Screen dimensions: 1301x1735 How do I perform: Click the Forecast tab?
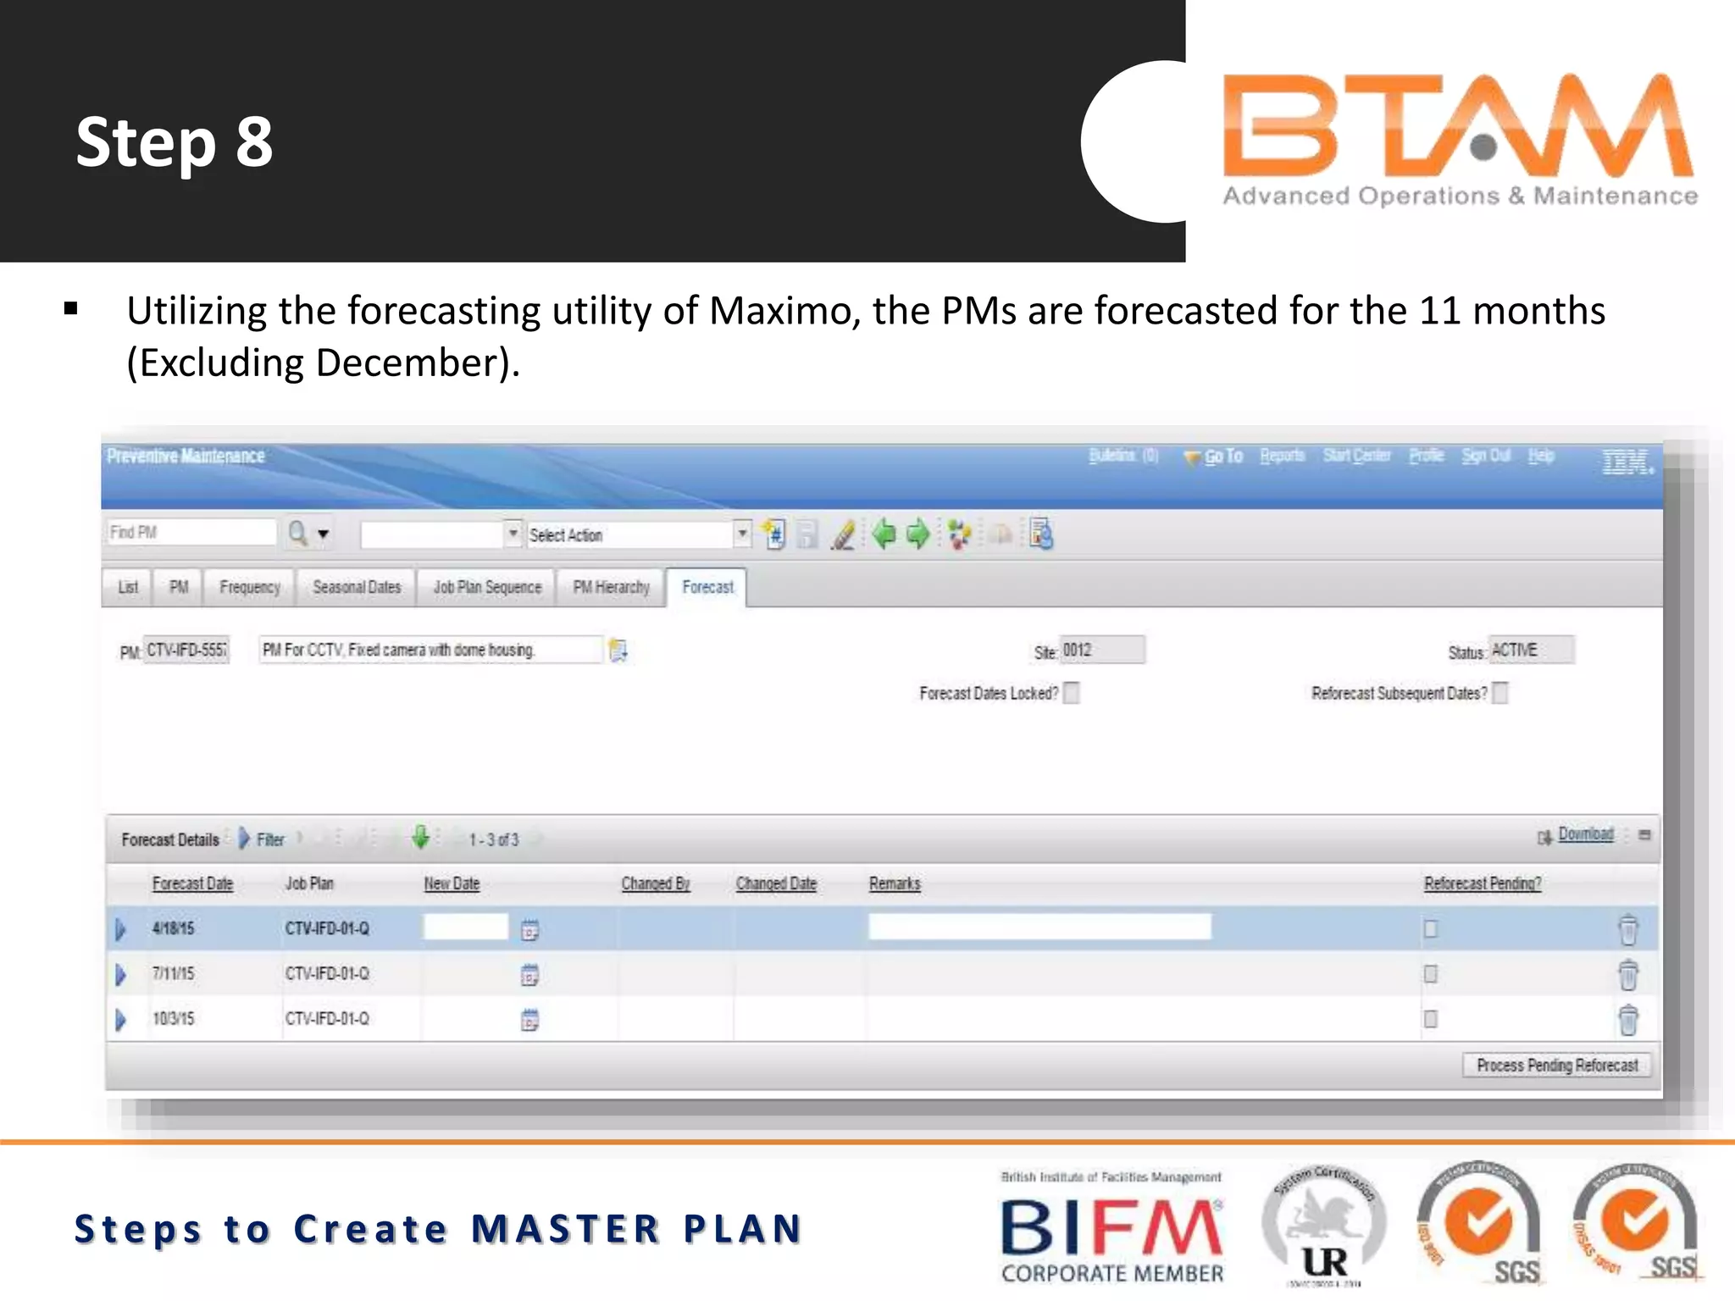click(x=707, y=587)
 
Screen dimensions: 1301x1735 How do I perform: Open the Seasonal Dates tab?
click(x=357, y=587)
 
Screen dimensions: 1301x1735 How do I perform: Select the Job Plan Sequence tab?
click(x=487, y=587)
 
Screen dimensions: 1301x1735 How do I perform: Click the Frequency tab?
click(x=249, y=587)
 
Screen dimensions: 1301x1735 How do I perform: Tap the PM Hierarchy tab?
click(x=611, y=587)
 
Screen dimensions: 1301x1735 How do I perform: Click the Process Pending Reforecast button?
click(x=1556, y=1065)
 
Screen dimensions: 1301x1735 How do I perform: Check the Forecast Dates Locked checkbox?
click(x=1072, y=693)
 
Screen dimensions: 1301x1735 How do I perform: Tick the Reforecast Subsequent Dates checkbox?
click(x=1500, y=693)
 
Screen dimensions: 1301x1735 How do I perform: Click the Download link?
click(x=1585, y=834)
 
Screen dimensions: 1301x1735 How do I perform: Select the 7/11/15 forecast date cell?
click(x=174, y=973)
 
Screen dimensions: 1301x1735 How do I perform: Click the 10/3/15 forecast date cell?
click(x=174, y=1018)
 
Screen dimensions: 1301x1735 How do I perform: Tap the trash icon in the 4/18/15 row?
click(x=1627, y=929)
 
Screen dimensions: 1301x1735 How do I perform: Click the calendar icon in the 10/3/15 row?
click(x=529, y=1020)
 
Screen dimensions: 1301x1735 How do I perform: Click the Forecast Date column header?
click(x=192, y=883)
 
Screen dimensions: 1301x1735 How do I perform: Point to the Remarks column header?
click(x=895, y=883)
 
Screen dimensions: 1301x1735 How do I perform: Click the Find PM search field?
click(x=191, y=533)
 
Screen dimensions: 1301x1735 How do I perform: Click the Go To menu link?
click(x=1222, y=457)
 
